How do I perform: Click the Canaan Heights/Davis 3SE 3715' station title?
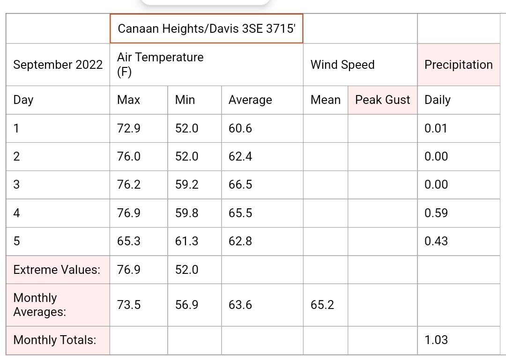(207, 29)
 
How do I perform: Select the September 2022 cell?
(58, 65)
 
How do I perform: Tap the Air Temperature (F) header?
(160, 65)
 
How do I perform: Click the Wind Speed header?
(342, 65)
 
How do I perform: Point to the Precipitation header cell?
(459, 65)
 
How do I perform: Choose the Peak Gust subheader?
(382, 100)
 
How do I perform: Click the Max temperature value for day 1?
(129, 128)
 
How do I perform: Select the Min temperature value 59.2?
(186, 184)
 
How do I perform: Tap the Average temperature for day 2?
(240, 156)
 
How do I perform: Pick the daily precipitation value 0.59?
(436, 213)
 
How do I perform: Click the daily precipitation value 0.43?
(436, 241)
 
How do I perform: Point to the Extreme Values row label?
(57, 270)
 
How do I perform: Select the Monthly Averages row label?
(40, 305)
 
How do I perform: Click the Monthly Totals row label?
(55, 340)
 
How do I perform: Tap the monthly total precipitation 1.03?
(436, 340)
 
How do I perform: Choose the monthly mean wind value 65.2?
(322, 305)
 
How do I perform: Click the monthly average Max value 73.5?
(129, 305)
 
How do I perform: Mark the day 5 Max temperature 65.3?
(129, 241)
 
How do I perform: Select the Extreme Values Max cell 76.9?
(129, 270)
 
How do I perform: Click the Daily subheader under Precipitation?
(437, 100)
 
